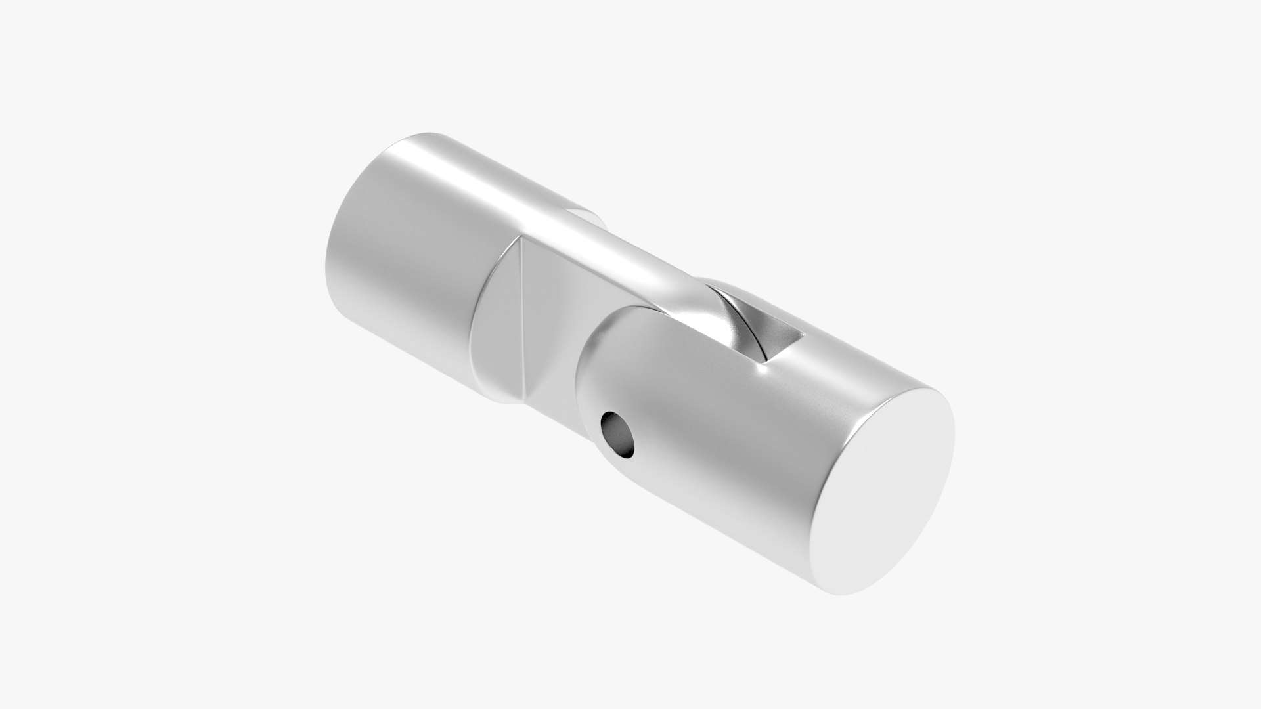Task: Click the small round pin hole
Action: [x=619, y=434]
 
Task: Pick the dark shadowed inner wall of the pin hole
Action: [x=615, y=429]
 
